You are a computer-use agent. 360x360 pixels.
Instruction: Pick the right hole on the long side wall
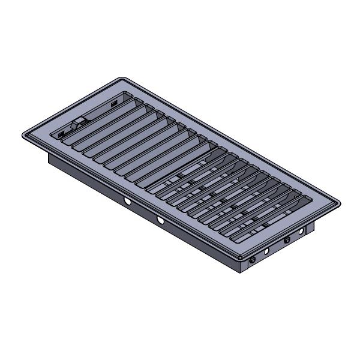coord(160,221)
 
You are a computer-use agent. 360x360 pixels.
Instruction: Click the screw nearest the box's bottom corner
coord(251,259)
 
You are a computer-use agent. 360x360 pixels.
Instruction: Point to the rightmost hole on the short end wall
coord(301,231)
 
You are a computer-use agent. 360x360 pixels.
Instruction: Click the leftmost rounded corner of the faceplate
coord(24,134)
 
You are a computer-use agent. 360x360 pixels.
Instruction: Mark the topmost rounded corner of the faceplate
coord(121,79)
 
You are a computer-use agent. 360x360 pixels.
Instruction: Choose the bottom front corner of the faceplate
coord(242,257)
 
